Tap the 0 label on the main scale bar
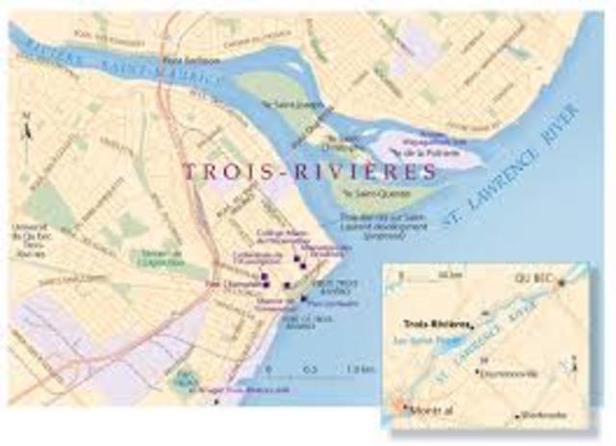pyautogui.click(x=269, y=370)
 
